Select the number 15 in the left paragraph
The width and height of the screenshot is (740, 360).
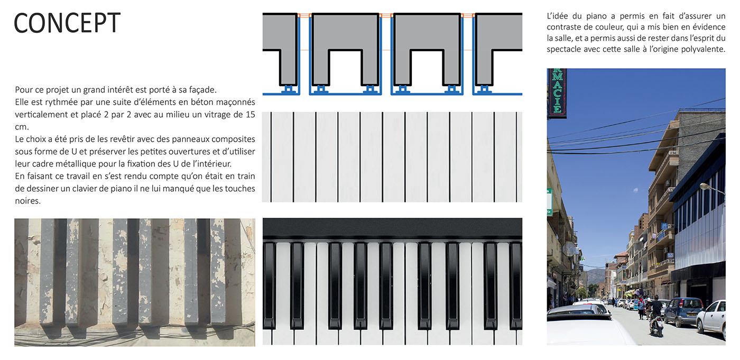[x=251, y=115]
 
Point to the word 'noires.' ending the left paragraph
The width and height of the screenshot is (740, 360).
[x=27, y=201]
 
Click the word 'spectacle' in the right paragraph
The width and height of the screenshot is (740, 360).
[x=562, y=50]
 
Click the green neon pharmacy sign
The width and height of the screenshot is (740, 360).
[x=557, y=93]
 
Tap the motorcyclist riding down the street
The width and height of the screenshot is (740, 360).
[x=656, y=316]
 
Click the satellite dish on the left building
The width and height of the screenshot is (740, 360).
[x=569, y=248]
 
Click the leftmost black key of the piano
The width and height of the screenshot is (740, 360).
[x=269, y=285]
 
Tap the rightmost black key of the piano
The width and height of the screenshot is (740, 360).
[x=516, y=285]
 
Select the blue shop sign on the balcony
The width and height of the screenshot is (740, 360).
[x=664, y=226]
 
